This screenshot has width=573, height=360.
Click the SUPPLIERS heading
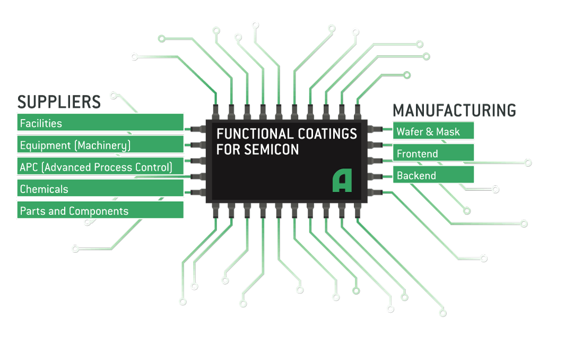point(59,101)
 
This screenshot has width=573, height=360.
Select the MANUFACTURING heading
point(454,110)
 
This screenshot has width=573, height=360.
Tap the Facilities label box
point(100,123)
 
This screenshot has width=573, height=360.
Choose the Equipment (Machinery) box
point(100,145)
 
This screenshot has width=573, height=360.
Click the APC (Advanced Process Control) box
point(100,167)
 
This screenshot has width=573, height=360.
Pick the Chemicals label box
point(100,189)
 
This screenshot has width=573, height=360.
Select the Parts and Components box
point(100,211)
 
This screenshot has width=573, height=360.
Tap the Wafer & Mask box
point(433,131)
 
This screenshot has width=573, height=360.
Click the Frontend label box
point(433,154)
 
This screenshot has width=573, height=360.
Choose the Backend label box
point(433,176)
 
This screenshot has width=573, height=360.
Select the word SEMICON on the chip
point(271,150)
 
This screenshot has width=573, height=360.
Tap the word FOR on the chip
point(228,150)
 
